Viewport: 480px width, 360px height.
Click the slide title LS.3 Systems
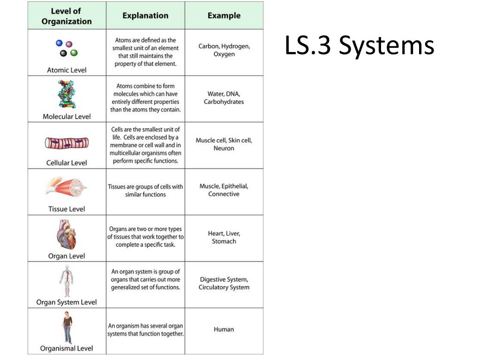[x=360, y=46]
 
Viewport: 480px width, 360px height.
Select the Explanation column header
[x=145, y=15]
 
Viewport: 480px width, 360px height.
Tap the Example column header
[x=224, y=15]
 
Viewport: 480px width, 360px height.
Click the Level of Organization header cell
[x=67, y=16]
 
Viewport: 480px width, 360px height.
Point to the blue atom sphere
[x=59, y=43]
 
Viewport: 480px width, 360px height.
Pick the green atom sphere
[x=74, y=53]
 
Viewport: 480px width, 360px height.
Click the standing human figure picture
[x=67, y=328]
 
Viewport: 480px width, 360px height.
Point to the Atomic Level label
[x=67, y=70]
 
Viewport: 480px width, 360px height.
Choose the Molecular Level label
[x=67, y=116]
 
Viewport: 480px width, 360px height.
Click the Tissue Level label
[x=67, y=209]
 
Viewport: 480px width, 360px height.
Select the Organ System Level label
[x=67, y=302]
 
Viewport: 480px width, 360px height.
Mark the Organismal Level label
[x=67, y=348]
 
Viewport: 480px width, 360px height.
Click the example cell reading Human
[x=224, y=330]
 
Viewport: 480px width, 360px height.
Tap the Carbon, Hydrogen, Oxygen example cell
[x=224, y=50]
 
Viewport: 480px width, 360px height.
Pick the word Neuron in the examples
[x=224, y=149]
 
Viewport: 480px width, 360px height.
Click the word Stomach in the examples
[x=224, y=241]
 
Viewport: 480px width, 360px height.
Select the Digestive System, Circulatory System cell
[x=224, y=284]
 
